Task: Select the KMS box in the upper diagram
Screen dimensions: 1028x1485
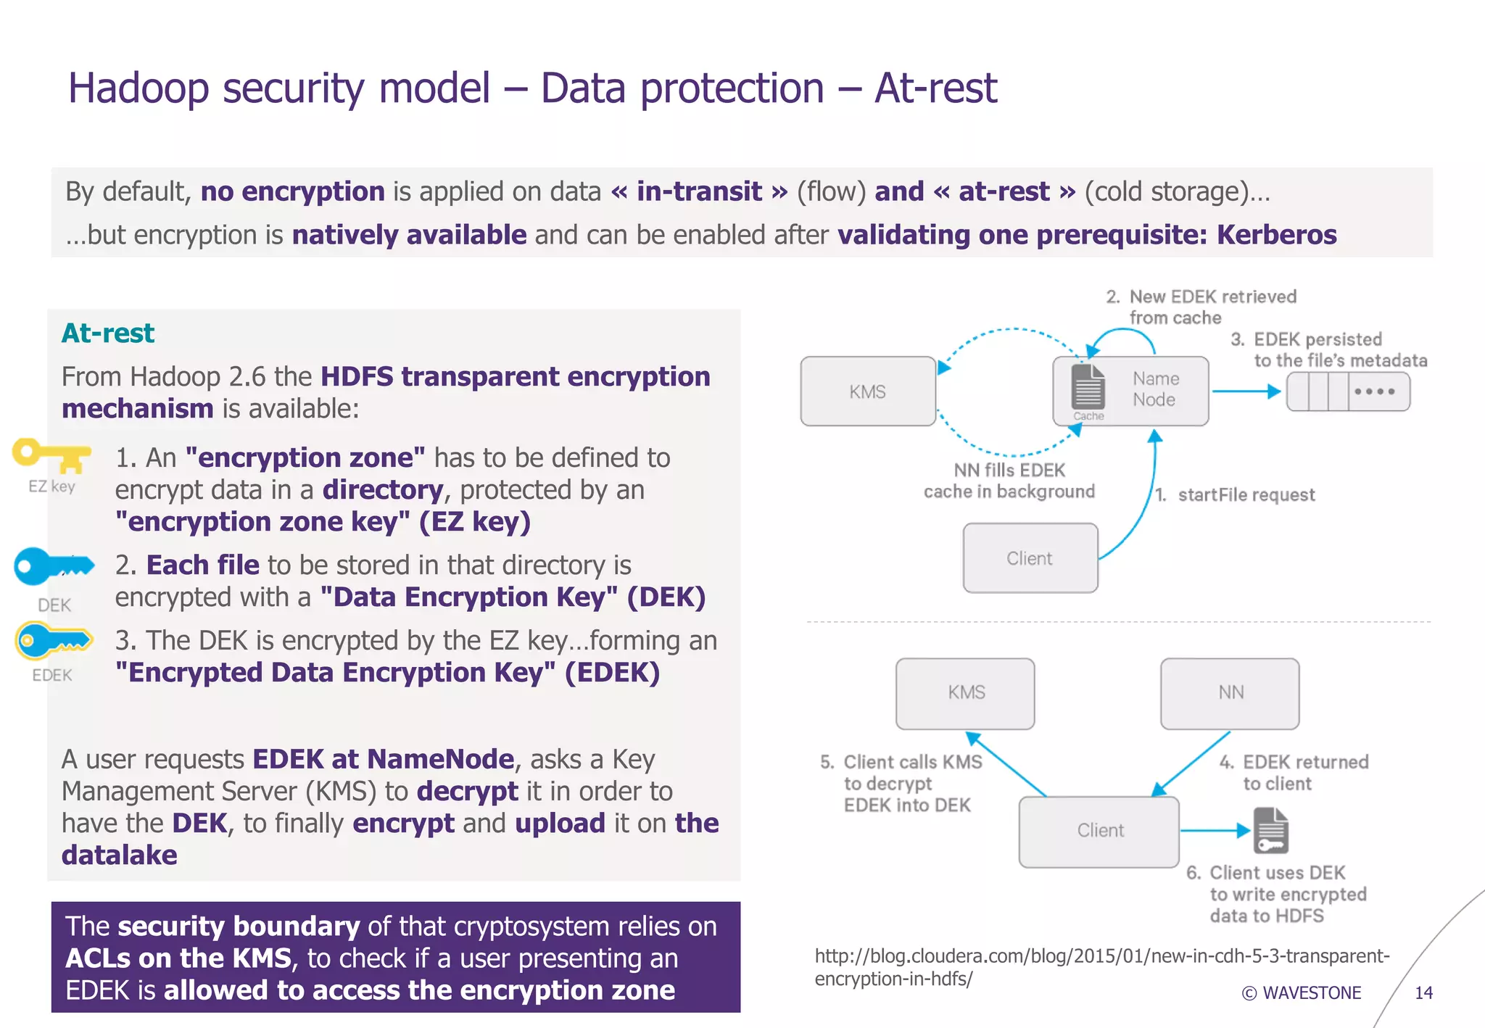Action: point(867,391)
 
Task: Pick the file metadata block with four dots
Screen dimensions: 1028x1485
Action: point(1348,391)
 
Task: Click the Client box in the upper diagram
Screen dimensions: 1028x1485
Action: point(1030,558)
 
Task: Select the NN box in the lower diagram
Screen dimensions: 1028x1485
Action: point(1230,693)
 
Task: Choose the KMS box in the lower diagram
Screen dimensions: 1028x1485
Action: point(965,693)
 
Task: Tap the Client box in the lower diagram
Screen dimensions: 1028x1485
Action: point(1099,831)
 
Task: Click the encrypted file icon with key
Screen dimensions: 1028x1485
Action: point(1271,831)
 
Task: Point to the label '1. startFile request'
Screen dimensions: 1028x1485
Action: point(1235,495)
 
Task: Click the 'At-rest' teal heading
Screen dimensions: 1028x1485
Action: point(108,333)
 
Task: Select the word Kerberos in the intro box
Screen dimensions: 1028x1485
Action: point(1276,235)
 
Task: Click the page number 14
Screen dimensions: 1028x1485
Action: point(1423,993)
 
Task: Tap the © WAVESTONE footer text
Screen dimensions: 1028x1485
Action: point(1302,993)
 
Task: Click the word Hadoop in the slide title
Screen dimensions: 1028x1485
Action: point(138,88)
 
